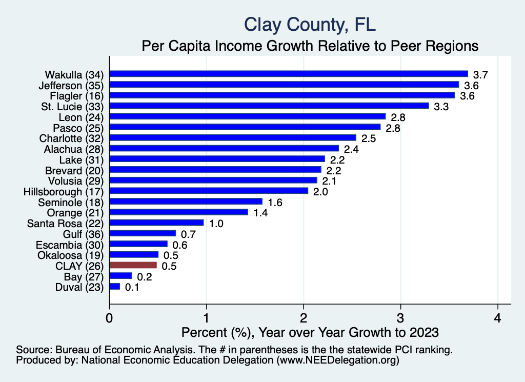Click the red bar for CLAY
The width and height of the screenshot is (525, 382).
tap(133, 265)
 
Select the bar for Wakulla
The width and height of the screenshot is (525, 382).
tap(289, 74)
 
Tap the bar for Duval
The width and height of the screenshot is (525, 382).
tap(114, 287)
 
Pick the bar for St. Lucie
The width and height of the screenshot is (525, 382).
tap(269, 106)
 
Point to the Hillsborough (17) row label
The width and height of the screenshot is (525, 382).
tap(64, 191)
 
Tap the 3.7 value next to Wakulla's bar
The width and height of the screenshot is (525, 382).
tap(480, 75)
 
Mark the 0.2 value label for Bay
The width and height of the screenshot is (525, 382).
tap(144, 277)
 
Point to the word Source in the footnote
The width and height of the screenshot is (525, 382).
tap(32, 350)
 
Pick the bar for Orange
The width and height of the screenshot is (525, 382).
tap(178, 212)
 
